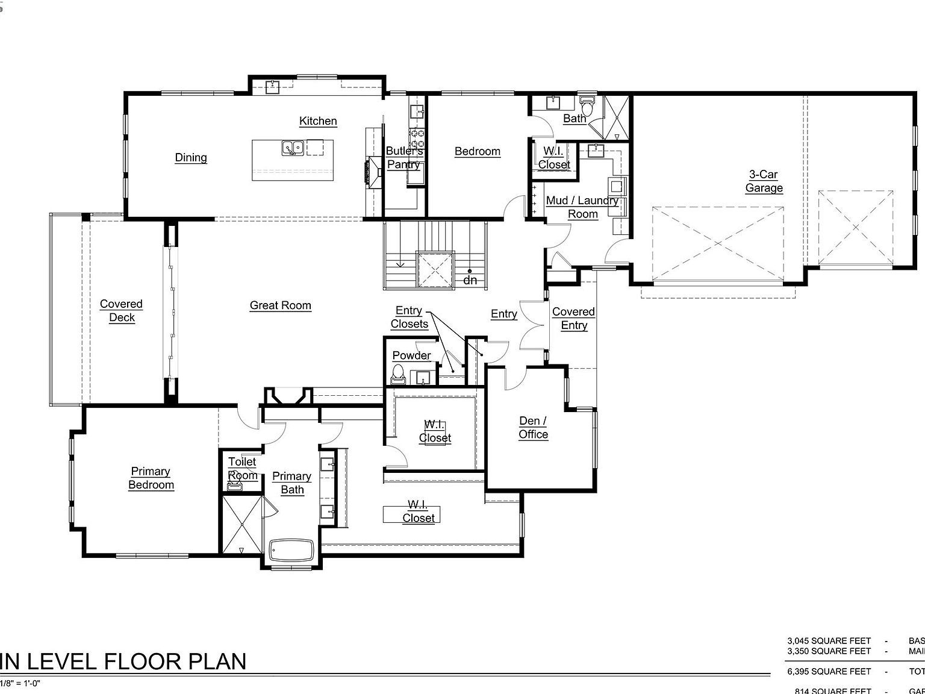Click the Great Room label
pyautogui.click(x=281, y=305)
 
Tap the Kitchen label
pyautogui.click(x=318, y=121)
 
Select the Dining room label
pyautogui.click(x=191, y=158)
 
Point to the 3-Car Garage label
pyautogui.click(x=764, y=181)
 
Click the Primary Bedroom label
pyautogui.click(x=151, y=478)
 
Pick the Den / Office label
pyautogui.click(x=533, y=428)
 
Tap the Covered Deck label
pyautogui.click(x=122, y=311)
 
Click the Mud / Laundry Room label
pyautogui.click(x=582, y=207)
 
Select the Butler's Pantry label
pyautogui.click(x=404, y=158)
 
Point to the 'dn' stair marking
pyautogui.click(x=470, y=280)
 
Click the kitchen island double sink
pyautogui.click(x=293, y=148)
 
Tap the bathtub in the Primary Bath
pyautogui.click(x=292, y=550)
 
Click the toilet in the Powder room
pyautogui.click(x=398, y=375)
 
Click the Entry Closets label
pyautogui.click(x=409, y=317)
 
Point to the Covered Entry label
pyautogui.click(x=573, y=319)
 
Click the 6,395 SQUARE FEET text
pyautogui.click(x=829, y=671)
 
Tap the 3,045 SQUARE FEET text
pyautogui.click(x=829, y=641)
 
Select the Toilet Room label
pyautogui.click(x=243, y=469)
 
